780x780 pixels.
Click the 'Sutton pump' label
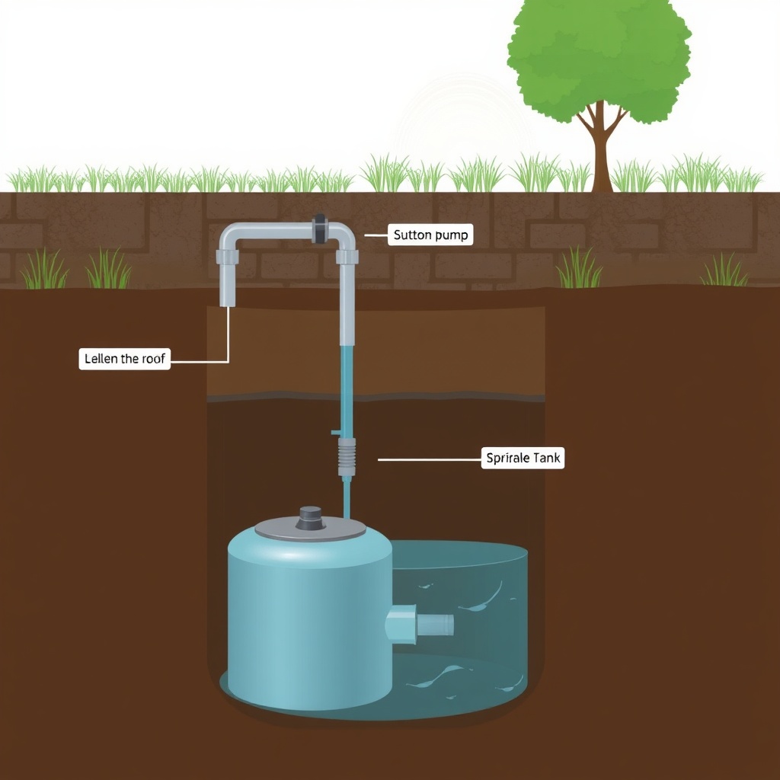(x=430, y=235)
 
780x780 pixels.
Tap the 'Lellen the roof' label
(x=124, y=359)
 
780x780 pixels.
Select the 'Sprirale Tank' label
(x=523, y=458)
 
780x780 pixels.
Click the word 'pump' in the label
(x=451, y=235)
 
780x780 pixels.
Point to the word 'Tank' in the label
(x=546, y=458)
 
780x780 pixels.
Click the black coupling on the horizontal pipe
(x=319, y=229)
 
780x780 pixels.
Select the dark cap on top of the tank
(x=310, y=518)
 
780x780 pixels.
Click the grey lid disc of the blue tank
(x=311, y=529)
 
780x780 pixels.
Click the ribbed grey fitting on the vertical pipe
(x=347, y=457)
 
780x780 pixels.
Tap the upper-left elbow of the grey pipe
(x=230, y=236)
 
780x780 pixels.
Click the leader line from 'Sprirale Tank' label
(x=430, y=459)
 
